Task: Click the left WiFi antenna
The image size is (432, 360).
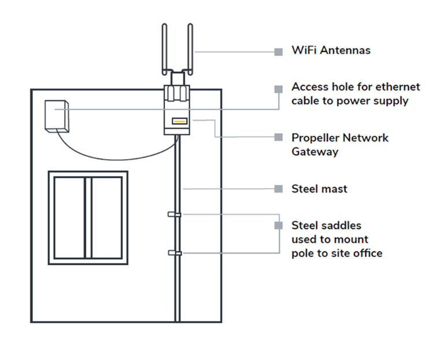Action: point(165,47)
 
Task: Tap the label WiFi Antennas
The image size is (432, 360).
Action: point(331,50)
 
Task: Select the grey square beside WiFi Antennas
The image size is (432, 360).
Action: point(279,52)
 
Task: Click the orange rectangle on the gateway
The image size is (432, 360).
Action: point(179,122)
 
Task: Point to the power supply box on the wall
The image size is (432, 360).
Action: point(57,116)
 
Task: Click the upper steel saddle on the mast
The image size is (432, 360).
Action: point(174,215)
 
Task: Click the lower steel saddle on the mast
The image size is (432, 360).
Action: point(174,252)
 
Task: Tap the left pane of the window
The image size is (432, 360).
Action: point(69,218)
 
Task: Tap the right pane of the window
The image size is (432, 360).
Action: point(106,218)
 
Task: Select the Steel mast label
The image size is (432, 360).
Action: point(319,189)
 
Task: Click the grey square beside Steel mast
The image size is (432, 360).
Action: point(279,189)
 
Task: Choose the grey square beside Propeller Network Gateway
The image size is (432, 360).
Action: point(279,138)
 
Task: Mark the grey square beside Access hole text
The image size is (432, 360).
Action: point(279,89)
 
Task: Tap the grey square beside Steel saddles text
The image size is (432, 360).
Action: point(279,225)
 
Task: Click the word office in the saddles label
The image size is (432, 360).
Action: point(367,253)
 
